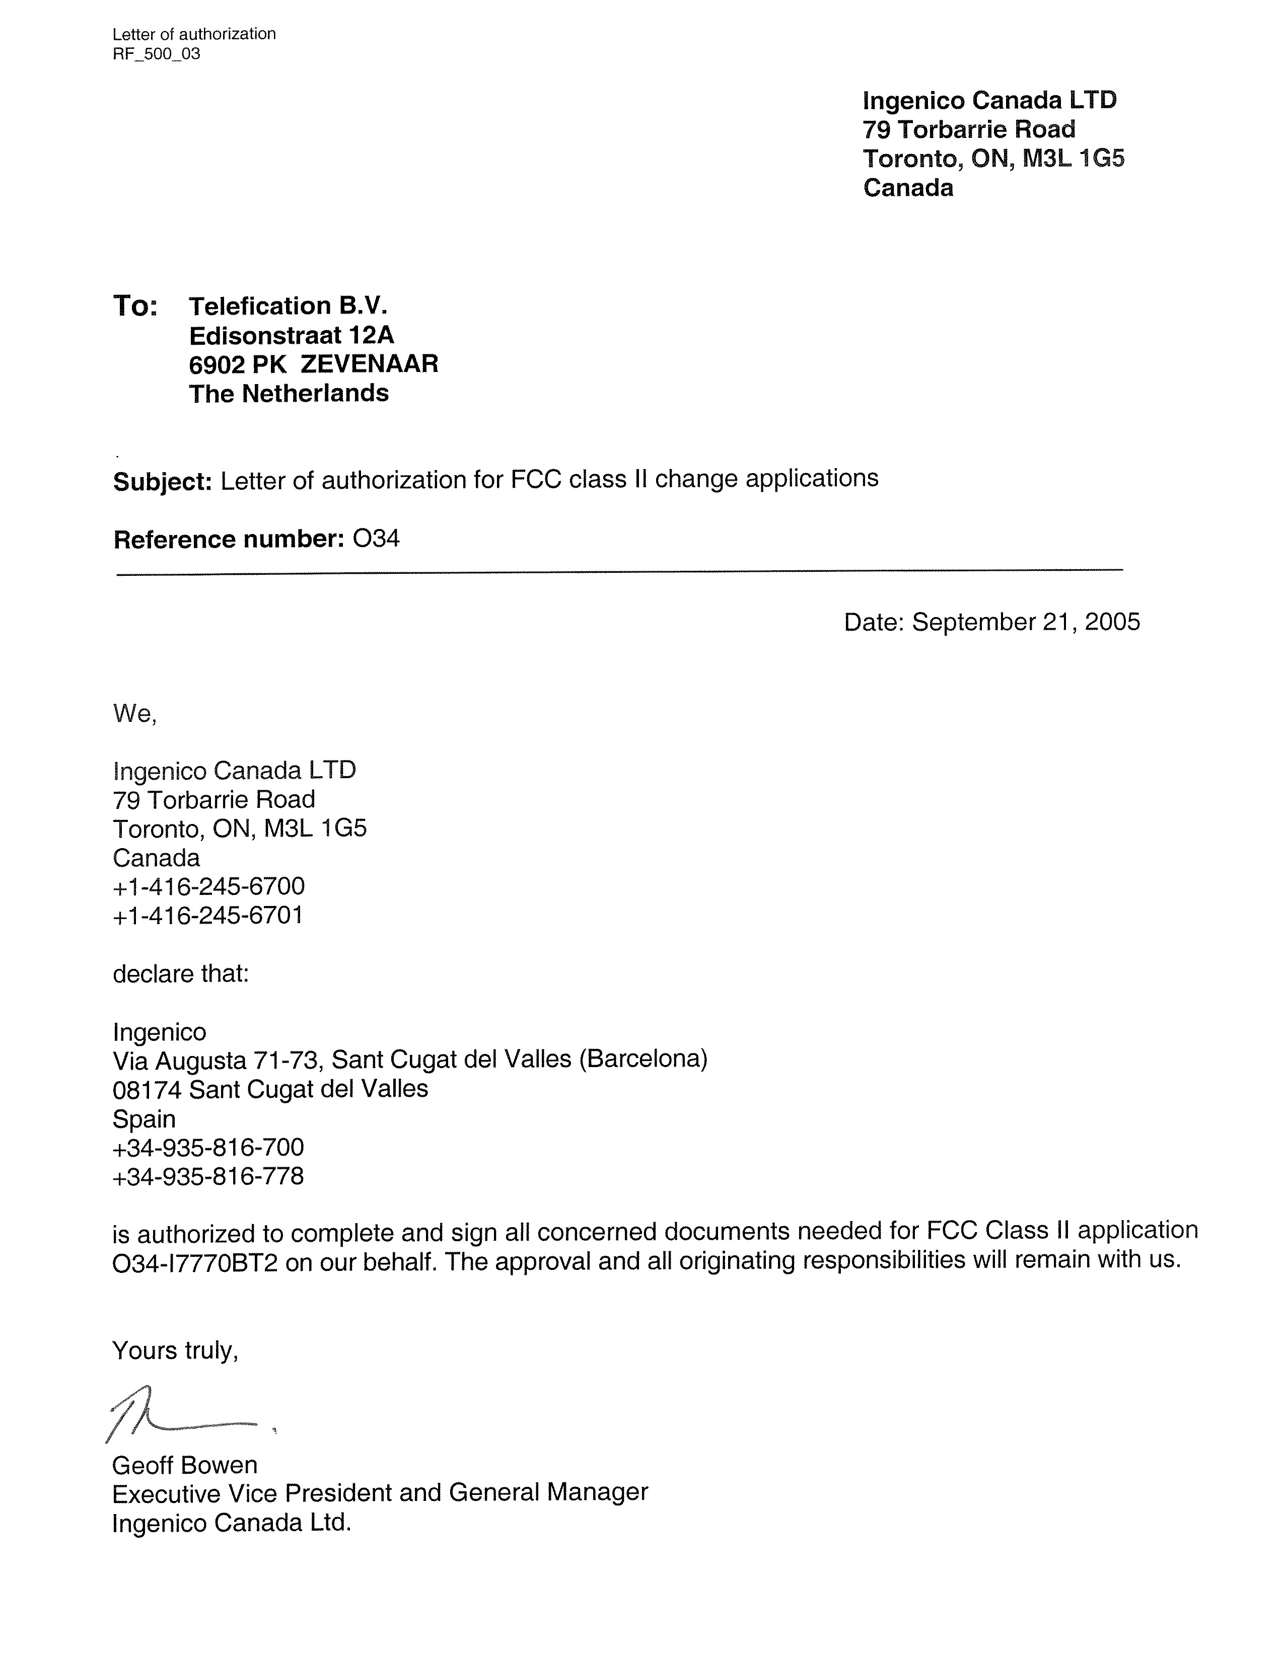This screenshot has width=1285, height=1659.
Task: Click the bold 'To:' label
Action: click(135, 306)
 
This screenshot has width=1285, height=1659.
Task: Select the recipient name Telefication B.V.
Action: click(288, 306)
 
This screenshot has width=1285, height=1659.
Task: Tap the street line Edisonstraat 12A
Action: click(291, 335)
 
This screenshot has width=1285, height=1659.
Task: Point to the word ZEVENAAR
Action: click(369, 364)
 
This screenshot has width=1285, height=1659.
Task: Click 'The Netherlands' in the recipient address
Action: click(289, 394)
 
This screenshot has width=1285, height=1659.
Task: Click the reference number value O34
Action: click(376, 539)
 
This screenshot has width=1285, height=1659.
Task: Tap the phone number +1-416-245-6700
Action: click(209, 886)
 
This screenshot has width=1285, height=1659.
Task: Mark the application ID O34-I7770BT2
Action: click(195, 1262)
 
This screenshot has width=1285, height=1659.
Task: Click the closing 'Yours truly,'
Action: click(176, 1350)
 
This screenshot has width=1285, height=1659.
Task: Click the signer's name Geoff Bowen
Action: click(185, 1465)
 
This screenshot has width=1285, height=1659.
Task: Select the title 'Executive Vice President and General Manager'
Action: click(380, 1492)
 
